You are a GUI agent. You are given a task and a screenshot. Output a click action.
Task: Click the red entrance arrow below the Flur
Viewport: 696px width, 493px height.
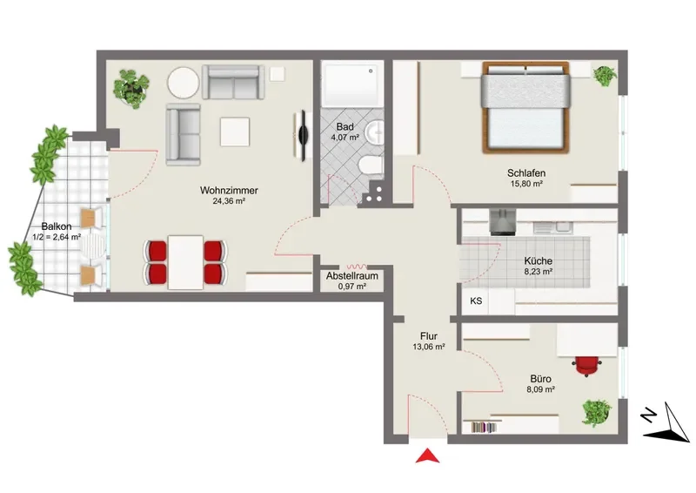pyautogui.click(x=427, y=456)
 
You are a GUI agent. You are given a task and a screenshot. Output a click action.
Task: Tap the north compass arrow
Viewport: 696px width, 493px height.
pyautogui.click(x=668, y=423)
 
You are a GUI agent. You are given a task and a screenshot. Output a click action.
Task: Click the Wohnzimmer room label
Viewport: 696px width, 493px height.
pyautogui.click(x=229, y=190)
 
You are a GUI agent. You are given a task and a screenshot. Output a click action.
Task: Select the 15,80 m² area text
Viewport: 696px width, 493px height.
pyautogui.click(x=526, y=183)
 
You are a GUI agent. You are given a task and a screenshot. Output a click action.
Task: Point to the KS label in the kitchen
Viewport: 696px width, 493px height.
pyautogui.click(x=476, y=301)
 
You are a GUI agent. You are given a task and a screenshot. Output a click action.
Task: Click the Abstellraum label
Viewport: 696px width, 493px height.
pyautogui.click(x=352, y=275)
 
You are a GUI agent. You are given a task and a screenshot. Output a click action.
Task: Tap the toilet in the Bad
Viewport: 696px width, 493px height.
pyautogui.click(x=370, y=166)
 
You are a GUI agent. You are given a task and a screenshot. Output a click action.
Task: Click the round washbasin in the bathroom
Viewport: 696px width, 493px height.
pyautogui.click(x=374, y=132)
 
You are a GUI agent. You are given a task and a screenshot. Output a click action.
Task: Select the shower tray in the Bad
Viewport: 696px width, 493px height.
pyautogui.click(x=352, y=84)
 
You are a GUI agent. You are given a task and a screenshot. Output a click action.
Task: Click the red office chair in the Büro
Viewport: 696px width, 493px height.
pyautogui.click(x=588, y=366)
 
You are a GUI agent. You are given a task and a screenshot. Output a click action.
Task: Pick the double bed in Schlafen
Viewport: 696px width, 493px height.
pyautogui.click(x=525, y=108)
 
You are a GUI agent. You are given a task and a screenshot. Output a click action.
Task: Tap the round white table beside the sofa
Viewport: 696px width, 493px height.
pyautogui.click(x=184, y=83)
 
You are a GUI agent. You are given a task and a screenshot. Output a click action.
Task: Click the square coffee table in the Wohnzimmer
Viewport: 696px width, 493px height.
pyautogui.click(x=235, y=132)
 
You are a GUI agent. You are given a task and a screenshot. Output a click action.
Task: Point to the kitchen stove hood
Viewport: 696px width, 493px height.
pyautogui.click(x=503, y=223)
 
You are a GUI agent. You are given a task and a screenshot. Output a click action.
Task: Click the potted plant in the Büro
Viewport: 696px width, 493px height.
pyautogui.click(x=597, y=413)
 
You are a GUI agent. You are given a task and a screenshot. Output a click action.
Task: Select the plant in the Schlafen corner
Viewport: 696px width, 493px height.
pyautogui.click(x=605, y=76)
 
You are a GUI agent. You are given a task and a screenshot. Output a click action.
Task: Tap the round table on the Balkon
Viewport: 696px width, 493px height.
pyautogui.click(x=93, y=246)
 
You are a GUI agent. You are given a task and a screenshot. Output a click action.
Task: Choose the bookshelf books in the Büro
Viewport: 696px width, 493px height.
pyautogui.click(x=484, y=428)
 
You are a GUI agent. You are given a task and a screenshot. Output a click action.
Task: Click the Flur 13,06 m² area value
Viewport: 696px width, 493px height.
pyautogui.click(x=429, y=347)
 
